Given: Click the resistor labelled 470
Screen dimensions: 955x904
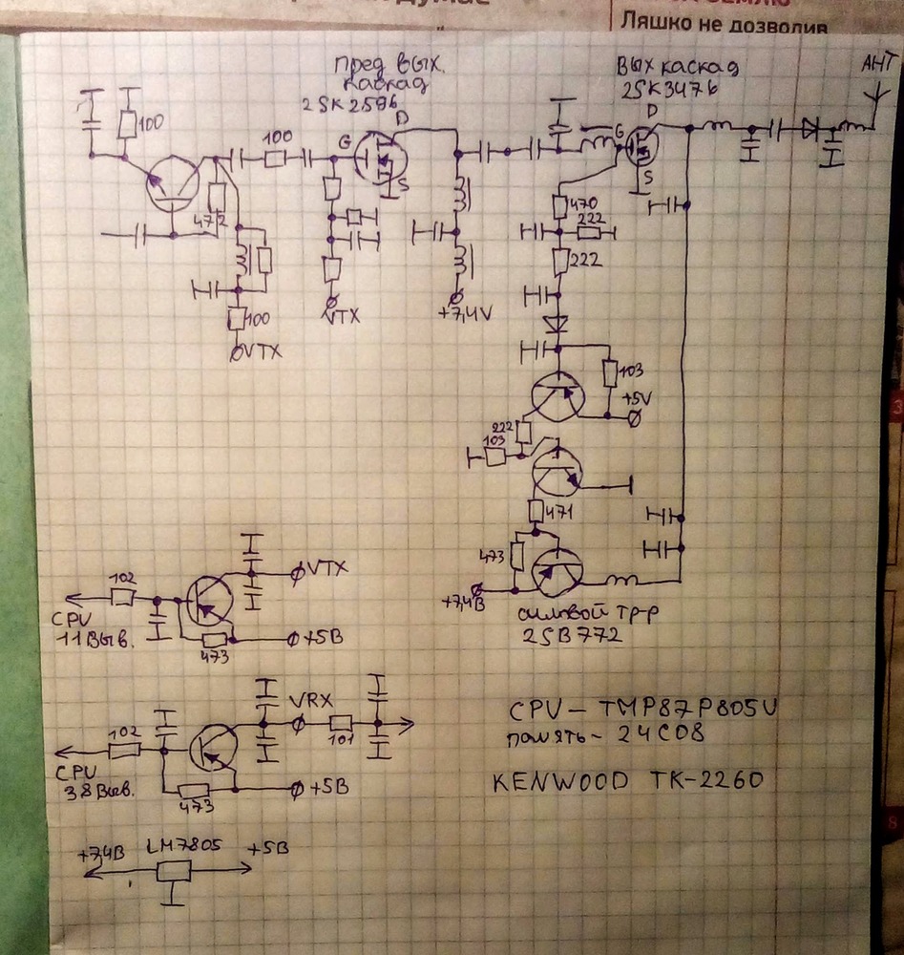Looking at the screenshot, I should point(561,205).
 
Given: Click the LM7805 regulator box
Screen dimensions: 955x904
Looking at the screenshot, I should point(174,871).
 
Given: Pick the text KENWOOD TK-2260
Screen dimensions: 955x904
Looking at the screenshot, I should point(628,781).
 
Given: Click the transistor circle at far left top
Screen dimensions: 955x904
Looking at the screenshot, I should point(172,183).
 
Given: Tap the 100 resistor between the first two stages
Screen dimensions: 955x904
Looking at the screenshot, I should point(276,156).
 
